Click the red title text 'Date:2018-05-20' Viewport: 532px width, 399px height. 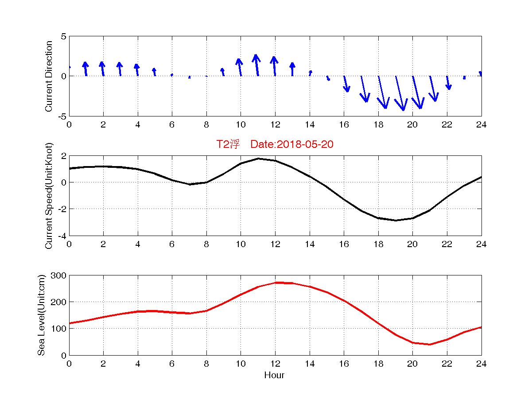[291, 144]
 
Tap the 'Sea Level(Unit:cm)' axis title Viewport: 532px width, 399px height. [41, 315]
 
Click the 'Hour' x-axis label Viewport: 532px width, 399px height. [274, 376]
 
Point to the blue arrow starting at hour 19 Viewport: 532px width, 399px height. [400, 93]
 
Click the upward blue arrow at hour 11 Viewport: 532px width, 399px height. [256, 65]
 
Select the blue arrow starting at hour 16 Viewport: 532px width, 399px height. [346, 84]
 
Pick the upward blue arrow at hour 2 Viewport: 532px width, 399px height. [102, 69]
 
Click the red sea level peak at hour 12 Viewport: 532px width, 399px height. [275, 283]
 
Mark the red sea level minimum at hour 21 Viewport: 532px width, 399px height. [430, 344]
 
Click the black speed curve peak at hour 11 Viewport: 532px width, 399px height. [258, 159]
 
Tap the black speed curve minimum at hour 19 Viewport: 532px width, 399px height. [396, 220]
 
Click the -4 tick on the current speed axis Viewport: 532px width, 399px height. [62, 236]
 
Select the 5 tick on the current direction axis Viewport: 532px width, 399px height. [63, 37]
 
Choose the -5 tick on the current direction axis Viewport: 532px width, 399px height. [62, 116]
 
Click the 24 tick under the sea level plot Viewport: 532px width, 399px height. [481, 364]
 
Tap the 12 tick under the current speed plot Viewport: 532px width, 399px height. [275, 244]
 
